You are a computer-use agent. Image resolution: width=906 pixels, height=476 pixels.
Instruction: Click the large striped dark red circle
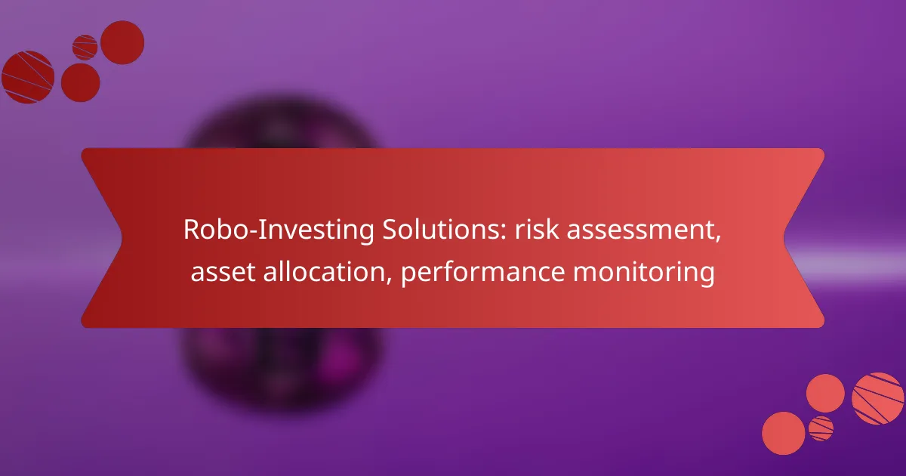click(x=28, y=77)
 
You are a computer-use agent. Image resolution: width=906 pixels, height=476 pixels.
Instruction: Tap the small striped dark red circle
click(x=85, y=47)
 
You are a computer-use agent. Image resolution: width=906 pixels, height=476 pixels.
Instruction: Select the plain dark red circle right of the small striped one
click(x=122, y=42)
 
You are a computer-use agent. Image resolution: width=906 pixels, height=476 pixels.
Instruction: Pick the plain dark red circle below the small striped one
click(x=80, y=82)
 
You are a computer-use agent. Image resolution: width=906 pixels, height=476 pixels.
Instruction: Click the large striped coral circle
click(x=877, y=398)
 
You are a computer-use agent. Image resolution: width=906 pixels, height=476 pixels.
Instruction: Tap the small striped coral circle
click(x=821, y=428)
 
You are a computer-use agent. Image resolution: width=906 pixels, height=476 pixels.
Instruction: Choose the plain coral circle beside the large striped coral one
click(x=825, y=393)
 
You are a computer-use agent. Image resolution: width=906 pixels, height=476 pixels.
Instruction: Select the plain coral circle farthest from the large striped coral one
click(x=784, y=434)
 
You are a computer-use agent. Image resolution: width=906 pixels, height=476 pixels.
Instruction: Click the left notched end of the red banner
click(x=102, y=238)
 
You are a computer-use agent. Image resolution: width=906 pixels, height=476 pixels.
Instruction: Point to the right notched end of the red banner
click(x=804, y=238)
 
